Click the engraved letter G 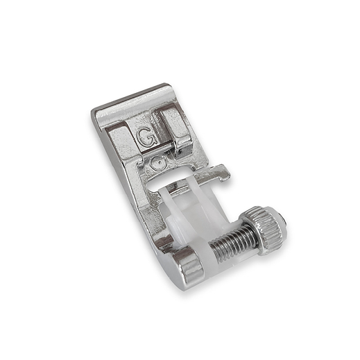(146, 138)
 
